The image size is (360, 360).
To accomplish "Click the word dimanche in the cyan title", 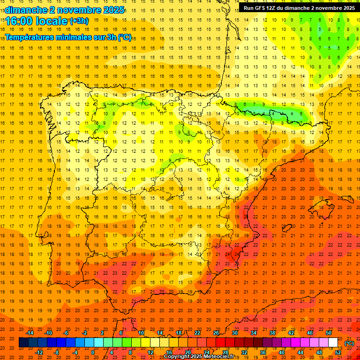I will click(26, 10).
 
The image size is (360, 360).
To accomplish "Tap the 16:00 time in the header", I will click(22, 22).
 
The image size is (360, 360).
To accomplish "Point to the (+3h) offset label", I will click(78, 21).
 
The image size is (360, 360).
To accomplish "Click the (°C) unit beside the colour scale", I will click(349, 343).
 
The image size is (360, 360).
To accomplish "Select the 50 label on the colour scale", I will click(329, 333).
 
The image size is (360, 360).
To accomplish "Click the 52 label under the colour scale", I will click(338, 352).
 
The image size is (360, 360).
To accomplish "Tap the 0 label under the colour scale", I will click(93, 352).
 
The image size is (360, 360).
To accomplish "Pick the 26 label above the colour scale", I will click(216, 333).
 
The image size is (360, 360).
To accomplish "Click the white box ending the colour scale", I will click(333, 343).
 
